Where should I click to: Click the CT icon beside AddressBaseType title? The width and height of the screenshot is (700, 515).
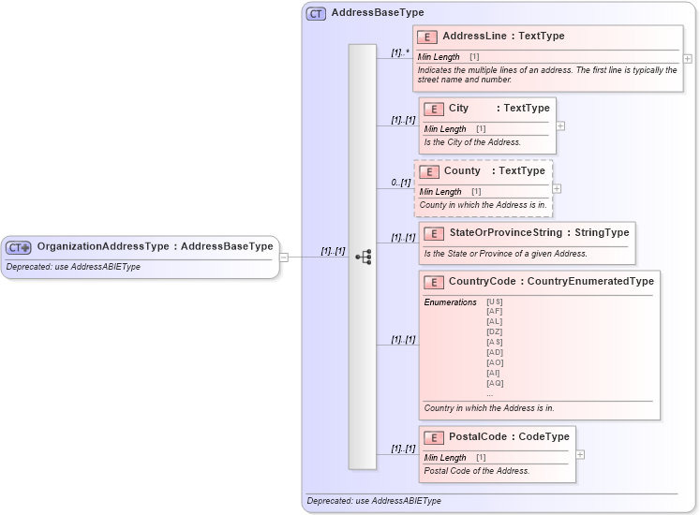coord(317,13)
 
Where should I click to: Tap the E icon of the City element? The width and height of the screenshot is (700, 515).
coord(433,109)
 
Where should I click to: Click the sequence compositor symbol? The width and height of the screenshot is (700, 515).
coord(363,257)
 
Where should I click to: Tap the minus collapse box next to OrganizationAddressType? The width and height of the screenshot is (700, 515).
coord(284,257)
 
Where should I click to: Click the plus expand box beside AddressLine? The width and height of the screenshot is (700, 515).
coord(688,58)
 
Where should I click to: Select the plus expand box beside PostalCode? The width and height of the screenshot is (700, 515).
coord(580,454)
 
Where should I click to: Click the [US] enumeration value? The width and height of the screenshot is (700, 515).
coord(495,302)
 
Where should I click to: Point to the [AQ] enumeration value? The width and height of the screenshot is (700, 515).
coord(495,383)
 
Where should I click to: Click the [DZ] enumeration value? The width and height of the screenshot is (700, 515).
coord(495,332)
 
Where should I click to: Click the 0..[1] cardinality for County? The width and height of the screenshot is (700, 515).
coord(401,183)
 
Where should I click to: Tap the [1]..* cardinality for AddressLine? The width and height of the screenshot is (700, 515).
coord(400,53)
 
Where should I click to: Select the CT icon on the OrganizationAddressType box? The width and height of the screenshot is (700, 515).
coord(19,248)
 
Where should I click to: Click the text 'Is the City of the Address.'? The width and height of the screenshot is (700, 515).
coord(472,142)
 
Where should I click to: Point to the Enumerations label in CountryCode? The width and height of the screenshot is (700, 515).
coord(451,302)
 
